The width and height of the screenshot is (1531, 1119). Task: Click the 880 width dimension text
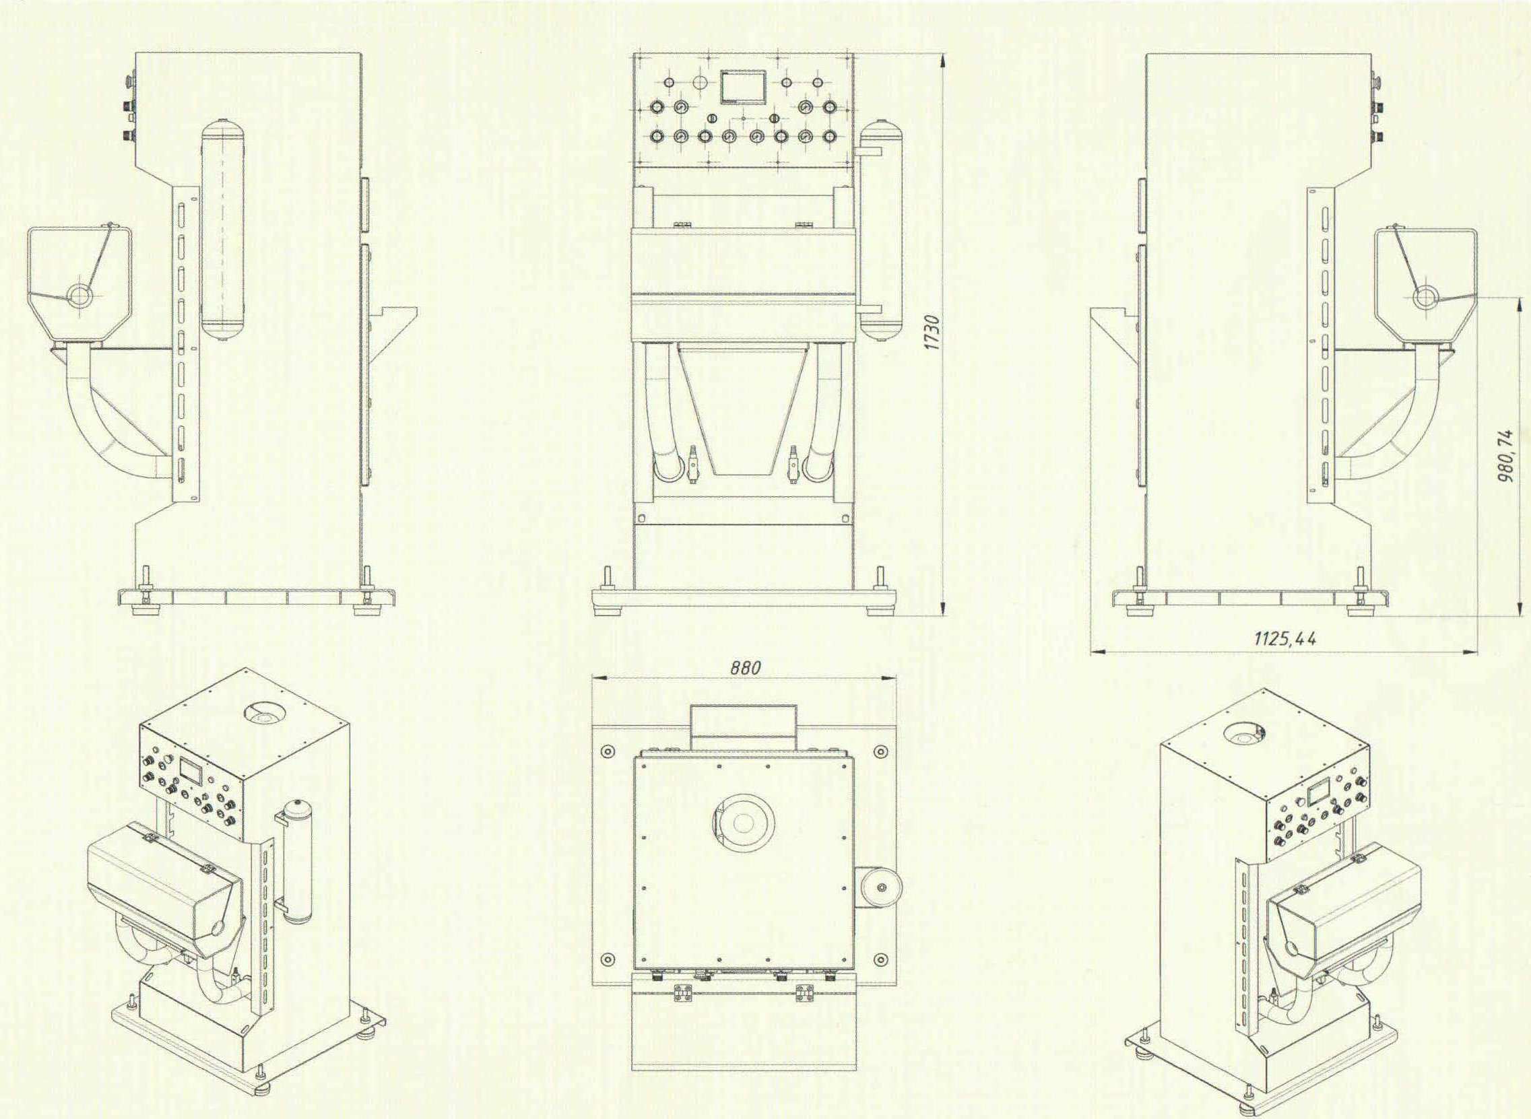tap(745, 667)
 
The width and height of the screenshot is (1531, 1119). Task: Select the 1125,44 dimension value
tap(1286, 638)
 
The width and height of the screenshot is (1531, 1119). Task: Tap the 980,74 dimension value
tap(1505, 455)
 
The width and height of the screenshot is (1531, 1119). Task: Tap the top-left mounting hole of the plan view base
tap(607, 751)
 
